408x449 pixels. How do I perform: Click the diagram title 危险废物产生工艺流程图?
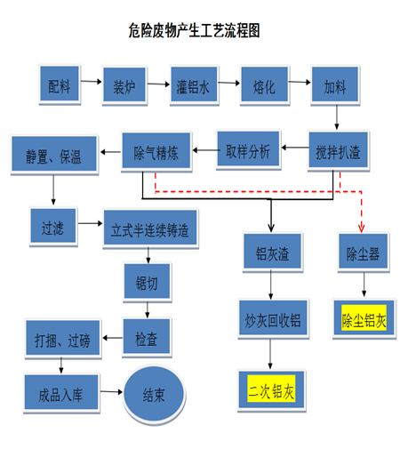click(x=194, y=30)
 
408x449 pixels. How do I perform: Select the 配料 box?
click(x=60, y=84)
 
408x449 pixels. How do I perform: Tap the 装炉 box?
click(x=124, y=85)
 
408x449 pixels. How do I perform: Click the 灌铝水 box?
click(x=194, y=85)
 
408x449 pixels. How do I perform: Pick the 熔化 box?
click(x=265, y=85)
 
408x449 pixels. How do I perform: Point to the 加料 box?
click(x=335, y=85)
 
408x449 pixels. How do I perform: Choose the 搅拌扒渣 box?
click(x=339, y=151)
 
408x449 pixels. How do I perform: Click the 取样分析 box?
click(x=248, y=149)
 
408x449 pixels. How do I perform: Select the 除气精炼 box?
click(x=156, y=151)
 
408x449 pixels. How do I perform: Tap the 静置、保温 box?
click(x=54, y=155)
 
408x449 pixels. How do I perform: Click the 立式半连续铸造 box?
click(x=150, y=229)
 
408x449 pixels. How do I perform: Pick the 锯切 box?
click(x=148, y=282)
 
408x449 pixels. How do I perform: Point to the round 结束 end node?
click(x=154, y=395)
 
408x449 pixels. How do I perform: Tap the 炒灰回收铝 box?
click(x=273, y=319)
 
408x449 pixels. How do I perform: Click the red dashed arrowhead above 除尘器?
click(x=361, y=229)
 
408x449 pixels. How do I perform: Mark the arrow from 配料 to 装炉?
click(x=92, y=82)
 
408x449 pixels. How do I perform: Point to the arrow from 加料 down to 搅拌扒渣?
click(x=337, y=117)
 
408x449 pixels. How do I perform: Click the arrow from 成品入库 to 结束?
click(x=111, y=392)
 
